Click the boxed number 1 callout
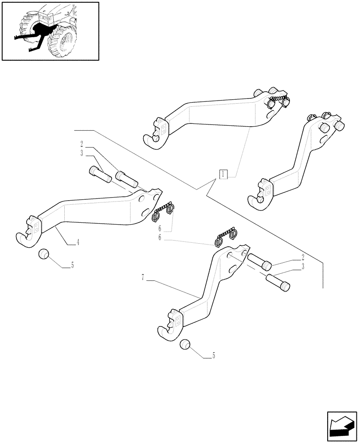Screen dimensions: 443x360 [x=223, y=174]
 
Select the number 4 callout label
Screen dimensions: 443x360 [x=78, y=242]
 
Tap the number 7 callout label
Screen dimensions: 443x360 [x=143, y=278]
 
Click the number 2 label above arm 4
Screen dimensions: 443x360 [x=82, y=144]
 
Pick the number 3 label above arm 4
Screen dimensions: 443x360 [x=82, y=153]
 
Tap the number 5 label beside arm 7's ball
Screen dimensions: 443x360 [x=214, y=355]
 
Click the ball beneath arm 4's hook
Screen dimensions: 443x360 [x=43, y=255]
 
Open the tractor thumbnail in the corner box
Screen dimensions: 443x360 [x=50, y=31]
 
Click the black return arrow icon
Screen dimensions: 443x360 [x=342, y=427]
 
